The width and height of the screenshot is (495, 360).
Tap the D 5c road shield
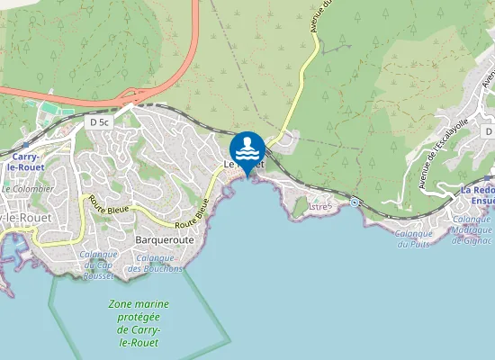(99, 120)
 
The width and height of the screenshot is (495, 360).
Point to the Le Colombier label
(28, 189)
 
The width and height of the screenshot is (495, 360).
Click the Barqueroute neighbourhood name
(164, 241)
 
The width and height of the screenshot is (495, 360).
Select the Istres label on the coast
(320, 207)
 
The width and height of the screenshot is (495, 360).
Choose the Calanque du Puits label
(415, 238)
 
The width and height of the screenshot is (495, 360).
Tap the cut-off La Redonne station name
(477, 196)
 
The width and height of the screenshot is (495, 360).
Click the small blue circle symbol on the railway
(355, 202)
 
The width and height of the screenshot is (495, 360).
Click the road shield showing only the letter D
(488, 131)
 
